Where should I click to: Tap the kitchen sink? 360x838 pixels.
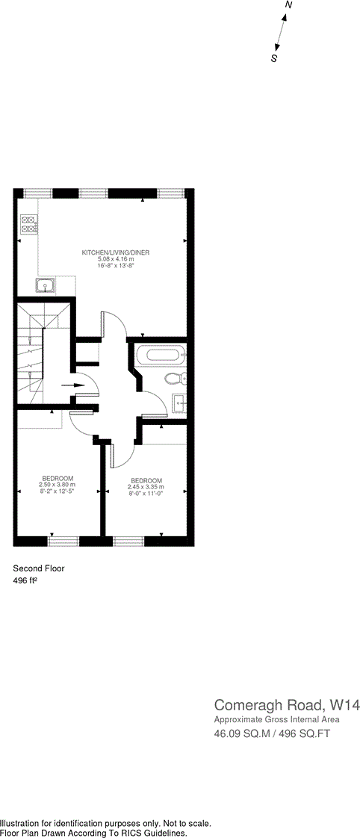coord(44,285)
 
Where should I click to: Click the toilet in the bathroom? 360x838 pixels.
coord(176,379)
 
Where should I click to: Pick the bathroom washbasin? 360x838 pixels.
coord(180,403)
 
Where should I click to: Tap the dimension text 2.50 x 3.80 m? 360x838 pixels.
coord(58,484)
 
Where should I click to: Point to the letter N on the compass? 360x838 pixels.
coord(289,5)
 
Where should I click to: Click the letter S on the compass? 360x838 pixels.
coord(274,58)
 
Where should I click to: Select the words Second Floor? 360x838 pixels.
coord(39,568)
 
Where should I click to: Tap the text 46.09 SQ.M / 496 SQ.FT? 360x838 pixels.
coord(272,734)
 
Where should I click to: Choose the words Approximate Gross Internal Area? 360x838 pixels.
coord(276,719)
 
